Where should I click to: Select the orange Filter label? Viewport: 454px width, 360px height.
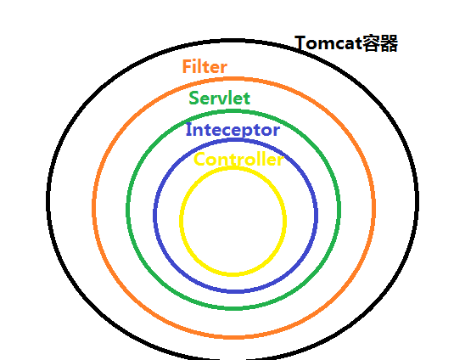coord(205,66)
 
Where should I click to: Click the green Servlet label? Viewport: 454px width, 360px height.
coord(220,98)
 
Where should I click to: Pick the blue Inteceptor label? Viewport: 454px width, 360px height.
coord(233,130)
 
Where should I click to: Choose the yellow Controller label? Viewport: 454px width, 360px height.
coord(238,159)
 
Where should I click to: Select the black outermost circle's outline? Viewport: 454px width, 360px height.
coord(48,200)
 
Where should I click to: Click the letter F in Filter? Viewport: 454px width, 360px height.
coord(187,66)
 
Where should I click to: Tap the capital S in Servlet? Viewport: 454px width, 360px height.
coord(193,98)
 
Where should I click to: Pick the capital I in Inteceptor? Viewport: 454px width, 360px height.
coord(188,129)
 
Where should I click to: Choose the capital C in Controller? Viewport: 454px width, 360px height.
coord(199,160)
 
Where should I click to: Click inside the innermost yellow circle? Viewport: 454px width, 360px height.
coord(233,221)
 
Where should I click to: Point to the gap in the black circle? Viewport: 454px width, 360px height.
coord(233,358)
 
